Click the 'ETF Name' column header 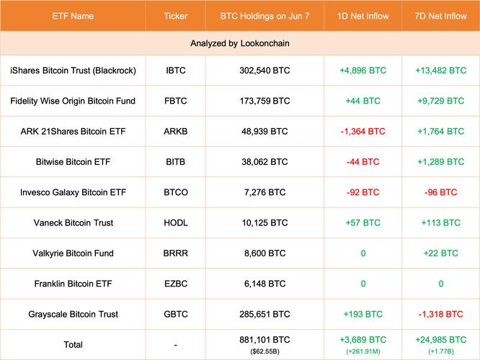pyautogui.click(x=72, y=14)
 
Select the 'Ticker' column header pyautogui.click(x=176, y=14)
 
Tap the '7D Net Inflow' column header pyautogui.click(x=441, y=14)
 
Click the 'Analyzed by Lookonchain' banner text pyautogui.click(x=240, y=44)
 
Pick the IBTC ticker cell pyautogui.click(x=175, y=71)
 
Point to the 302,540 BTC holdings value pyautogui.click(x=265, y=71)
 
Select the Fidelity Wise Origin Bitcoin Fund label pyautogui.click(x=73, y=101)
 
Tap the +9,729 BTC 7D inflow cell pyautogui.click(x=440, y=101)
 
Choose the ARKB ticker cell pyautogui.click(x=175, y=132)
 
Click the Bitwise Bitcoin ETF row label pyautogui.click(x=73, y=162)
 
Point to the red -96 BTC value pyautogui.click(x=440, y=192)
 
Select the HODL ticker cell pyautogui.click(x=175, y=222)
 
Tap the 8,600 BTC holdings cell pyautogui.click(x=265, y=253)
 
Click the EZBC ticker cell pyautogui.click(x=175, y=284)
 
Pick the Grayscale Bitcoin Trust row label pyautogui.click(x=73, y=314)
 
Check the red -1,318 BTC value pyautogui.click(x=440, y=314)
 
